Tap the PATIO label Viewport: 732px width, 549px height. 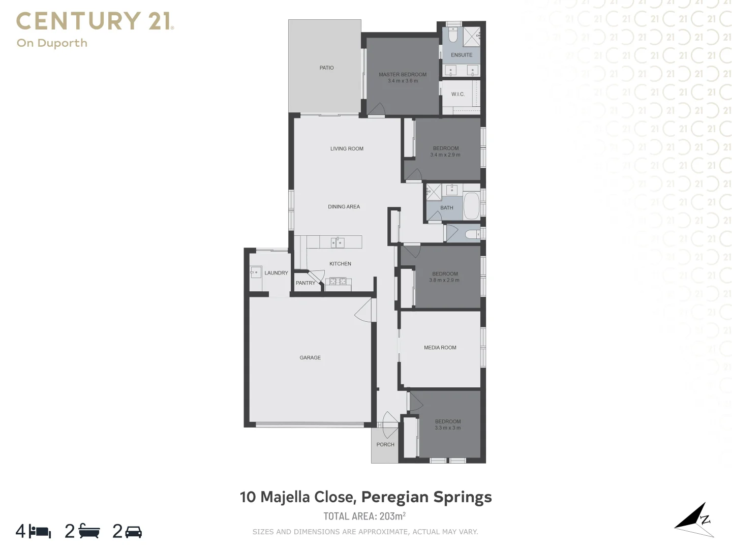(326, 68)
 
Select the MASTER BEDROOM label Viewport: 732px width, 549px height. (403, 74)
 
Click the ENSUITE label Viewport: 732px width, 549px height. (462, 55)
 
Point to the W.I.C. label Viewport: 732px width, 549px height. (457, 94)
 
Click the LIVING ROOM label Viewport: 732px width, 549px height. (347, 148)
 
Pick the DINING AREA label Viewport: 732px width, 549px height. (344, 206)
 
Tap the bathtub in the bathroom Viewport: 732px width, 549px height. (472, 205)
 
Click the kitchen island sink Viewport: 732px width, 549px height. (338, 243)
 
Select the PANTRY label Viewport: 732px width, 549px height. (306, 283)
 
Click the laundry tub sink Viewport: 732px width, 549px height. (255, 272)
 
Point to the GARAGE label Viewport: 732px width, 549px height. (310, 357)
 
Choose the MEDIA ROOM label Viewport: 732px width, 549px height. (440, 348)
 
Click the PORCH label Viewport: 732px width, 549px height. (385, 444)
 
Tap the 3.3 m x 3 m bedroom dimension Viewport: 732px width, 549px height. (448, 428)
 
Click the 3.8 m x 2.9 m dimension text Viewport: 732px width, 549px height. (444, 280)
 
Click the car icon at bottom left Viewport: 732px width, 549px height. (134, 532)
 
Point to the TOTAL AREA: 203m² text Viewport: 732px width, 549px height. (364, 516)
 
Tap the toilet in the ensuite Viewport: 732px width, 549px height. (453, 35)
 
